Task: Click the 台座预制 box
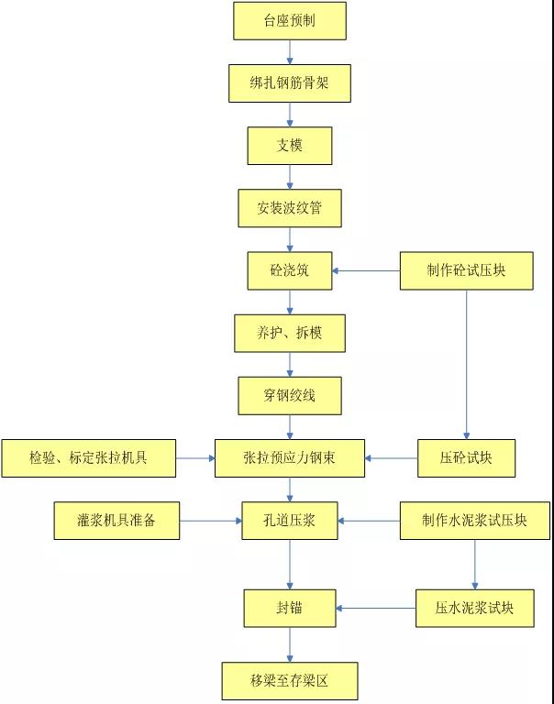(290, 21)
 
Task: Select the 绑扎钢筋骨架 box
(290, 83)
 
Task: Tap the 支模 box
(290, 146)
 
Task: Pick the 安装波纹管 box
(290, 208)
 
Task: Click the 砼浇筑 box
(290, 270)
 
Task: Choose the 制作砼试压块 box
(466, 270)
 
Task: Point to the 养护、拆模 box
(290, 333)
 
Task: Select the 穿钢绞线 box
(290, 395)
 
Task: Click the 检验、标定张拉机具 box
(88, 457)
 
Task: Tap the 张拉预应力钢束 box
(290, 457)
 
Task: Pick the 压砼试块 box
(466, 457)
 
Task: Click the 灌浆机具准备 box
(116, 521)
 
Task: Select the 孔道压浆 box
(290, 521)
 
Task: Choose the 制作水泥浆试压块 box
(475, 521)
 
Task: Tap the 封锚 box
(290, 608)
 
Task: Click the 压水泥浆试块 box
(475, 608)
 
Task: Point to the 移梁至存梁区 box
(290, 681)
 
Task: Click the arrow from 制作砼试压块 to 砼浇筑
(366, 270)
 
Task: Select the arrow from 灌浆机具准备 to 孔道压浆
(210, 521)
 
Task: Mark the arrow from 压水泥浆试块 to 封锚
(376, 608)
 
